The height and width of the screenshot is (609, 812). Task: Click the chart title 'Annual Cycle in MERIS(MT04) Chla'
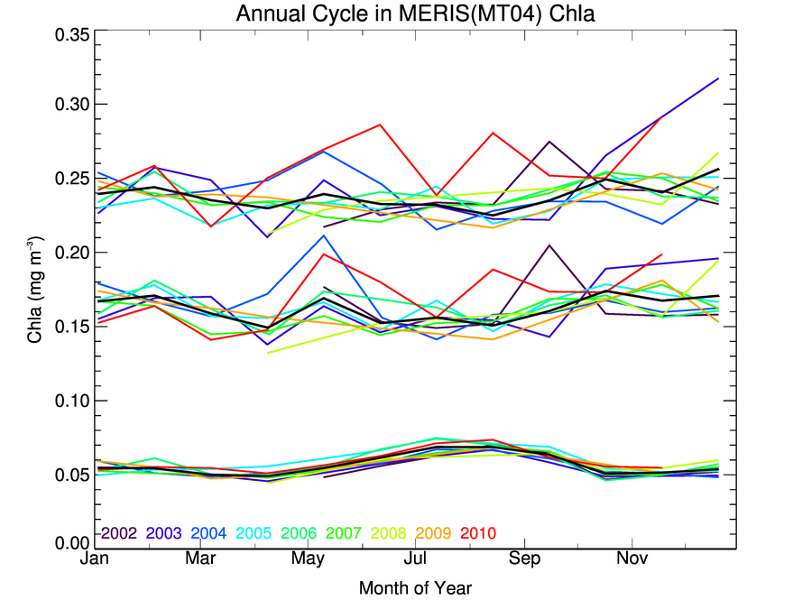click(416, 14)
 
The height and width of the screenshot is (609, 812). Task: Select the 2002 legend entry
click(118, 532)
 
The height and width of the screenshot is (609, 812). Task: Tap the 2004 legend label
click(208, 532)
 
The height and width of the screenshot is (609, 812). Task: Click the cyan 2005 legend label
click(253, 532)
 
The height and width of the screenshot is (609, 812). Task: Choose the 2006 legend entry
click(298, 532)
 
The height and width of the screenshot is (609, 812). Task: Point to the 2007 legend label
click(342, 532)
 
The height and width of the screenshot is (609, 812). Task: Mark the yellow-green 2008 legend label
click(387, 532)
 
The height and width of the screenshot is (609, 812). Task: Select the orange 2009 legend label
click(431, 532)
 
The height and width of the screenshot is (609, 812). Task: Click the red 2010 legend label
click(476, 532)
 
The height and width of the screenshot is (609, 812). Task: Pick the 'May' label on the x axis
click(309, 560)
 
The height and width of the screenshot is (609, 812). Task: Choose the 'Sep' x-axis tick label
click(523, 560)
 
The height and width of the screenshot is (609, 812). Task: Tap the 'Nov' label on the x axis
click(632, 560)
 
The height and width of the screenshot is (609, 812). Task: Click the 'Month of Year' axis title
click(415, 588)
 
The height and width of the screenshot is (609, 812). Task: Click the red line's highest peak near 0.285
click(380, 125)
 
